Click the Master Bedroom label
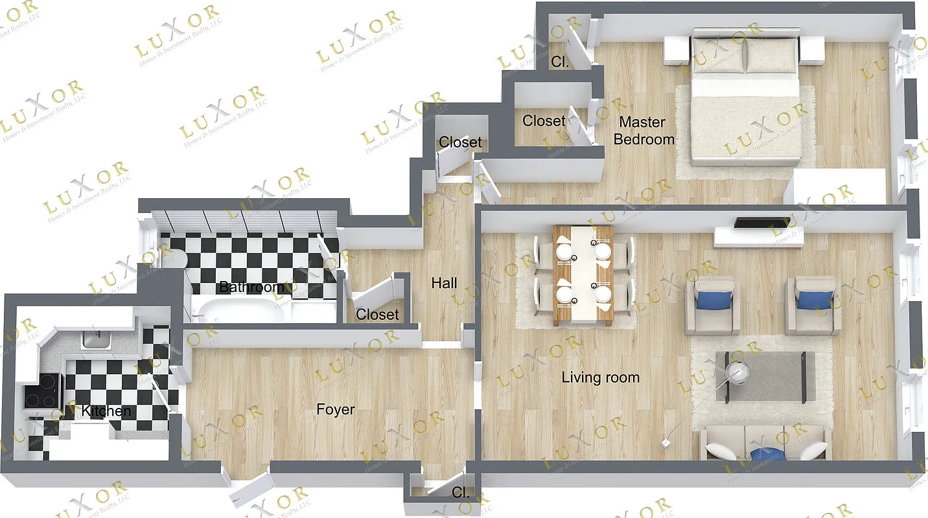coord(644,130)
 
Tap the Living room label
coord(600,377)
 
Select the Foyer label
coord(335,409)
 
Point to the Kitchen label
coord(106,411)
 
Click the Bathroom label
coord(251,287)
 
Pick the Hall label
coord(444,283)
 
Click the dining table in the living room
coord(583,275)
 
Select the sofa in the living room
coord(765,443)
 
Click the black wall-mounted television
coord(762,222)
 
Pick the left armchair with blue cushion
coord(713,305)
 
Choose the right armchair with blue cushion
coord(813,305)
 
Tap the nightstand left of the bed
coord(677,49)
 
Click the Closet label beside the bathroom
coord(377,315)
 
